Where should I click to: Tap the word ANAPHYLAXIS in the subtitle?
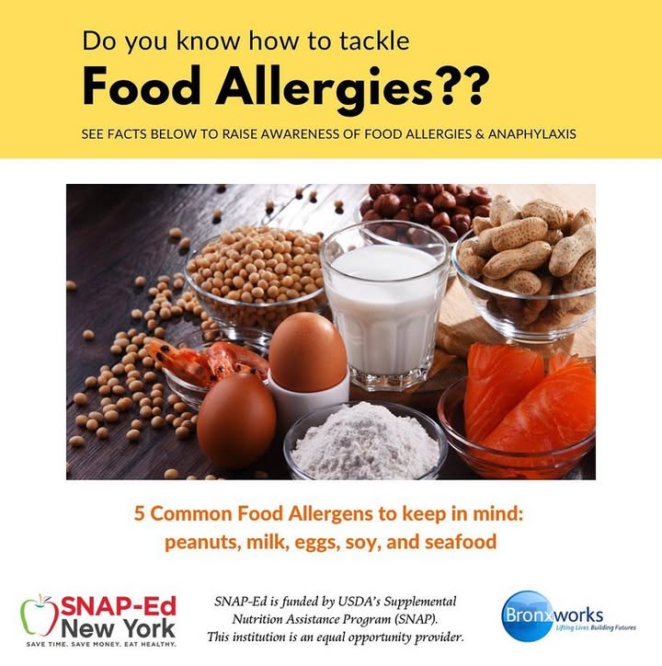pyautogui.click(x=532, y=134)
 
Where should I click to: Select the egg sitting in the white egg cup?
pyautogui.click(x=308, y=345)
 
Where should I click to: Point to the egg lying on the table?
pyautogui.click(x=236, y=419)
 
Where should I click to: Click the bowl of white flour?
pyautogui.click(x=365, y=442)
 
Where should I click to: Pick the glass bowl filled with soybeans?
pyautogui.click(x=255, y=276)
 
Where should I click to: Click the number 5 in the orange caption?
pyautogui.click(x=140, y=514)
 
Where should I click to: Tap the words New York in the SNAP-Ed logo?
pyautogui.click(x=118, y=628)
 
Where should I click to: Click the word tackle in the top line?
pyautogui.click(x=374, y=40)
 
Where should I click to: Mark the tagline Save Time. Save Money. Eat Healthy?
pyautogui.click(x=101, y=645)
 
